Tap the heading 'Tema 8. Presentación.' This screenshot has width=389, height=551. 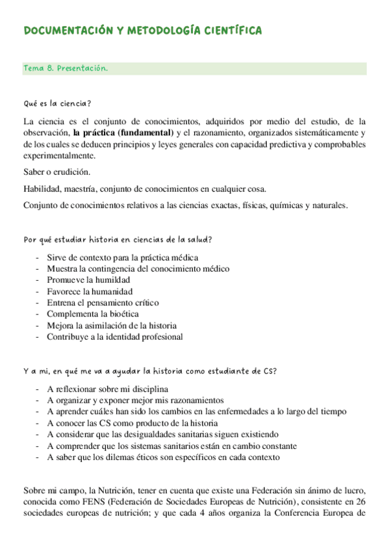point(65,68)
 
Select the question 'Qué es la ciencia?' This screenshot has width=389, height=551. point(56,103)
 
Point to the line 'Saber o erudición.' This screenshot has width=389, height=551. point(56,172)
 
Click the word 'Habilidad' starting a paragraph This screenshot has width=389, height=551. point(42,189)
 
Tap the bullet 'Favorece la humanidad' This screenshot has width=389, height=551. point(90,291)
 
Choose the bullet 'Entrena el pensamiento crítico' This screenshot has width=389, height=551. point(103,303)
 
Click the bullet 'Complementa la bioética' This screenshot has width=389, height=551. point(92,314)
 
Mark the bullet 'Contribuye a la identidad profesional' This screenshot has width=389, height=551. point(114,337)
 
